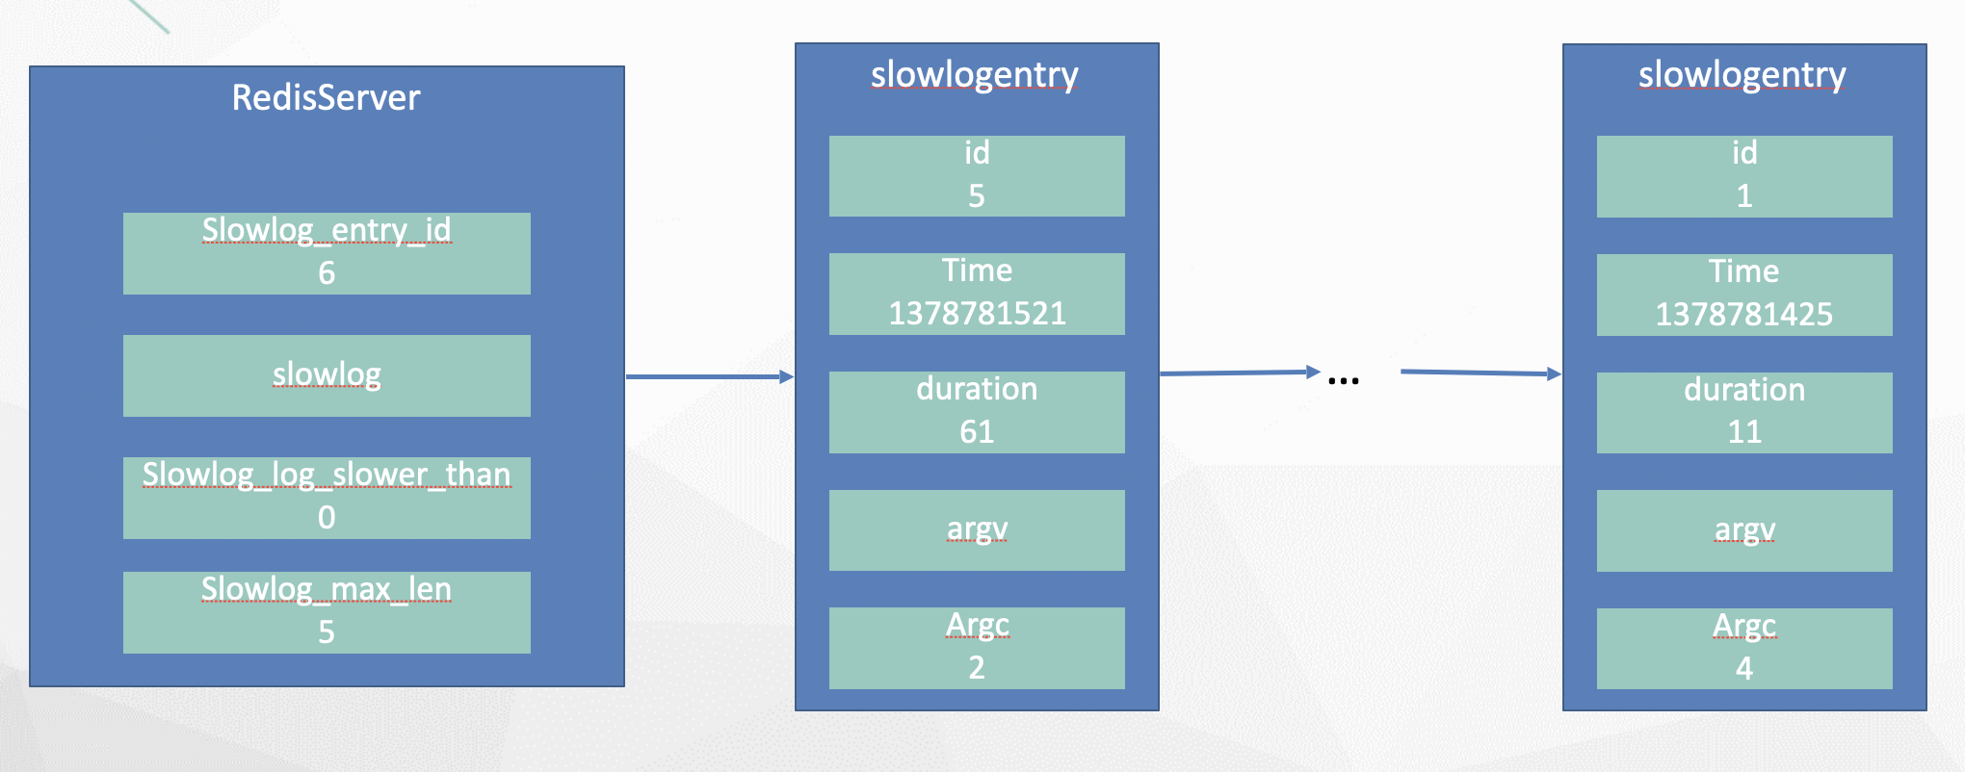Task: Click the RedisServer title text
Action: click(326, 98)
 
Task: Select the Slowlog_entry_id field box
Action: click(327, 253)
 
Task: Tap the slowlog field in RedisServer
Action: click(327, 375)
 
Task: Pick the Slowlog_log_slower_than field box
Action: click(327, 498)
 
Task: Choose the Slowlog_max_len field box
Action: click(327, 612)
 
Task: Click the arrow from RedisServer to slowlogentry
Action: click(710, 376)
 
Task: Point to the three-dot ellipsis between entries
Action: click(1343, 381)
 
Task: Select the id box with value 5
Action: click(977, 176)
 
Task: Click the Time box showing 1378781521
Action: click(977, 294)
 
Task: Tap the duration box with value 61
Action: click(977, 412)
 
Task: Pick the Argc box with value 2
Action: click(977, 648)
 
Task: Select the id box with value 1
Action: click(1744, 176)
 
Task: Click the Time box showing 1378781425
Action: click(1744, 295)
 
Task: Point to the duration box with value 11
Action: click(1744, 413)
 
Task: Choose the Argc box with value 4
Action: click(1744, 649)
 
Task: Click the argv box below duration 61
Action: click(977, 530)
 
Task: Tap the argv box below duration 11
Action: click(1744, 530)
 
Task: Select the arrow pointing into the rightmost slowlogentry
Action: click(1480, 373)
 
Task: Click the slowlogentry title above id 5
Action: click(974, 75)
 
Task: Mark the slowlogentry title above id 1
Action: click(1742, 75)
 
